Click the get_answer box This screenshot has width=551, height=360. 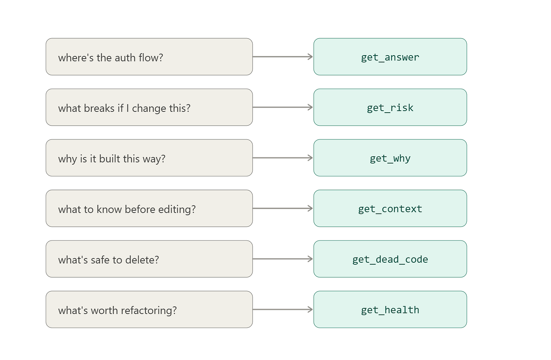pyautogui.click(x=390, y=57)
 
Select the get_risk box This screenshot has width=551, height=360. pyautogui.click(x=390, y=107)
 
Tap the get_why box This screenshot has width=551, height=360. pyautogui.click(x=390, y=158)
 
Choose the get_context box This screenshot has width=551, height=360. pyautogui.click(x=390, y=208)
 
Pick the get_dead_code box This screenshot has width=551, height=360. pyautogui.click(x=390, y=259)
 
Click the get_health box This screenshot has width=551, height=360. pyautogui.click(x=390, y=310)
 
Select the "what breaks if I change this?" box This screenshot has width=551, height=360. pyautogui.click(x=149, y=107)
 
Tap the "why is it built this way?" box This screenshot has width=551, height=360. pyautogui.click(x=149, y=158)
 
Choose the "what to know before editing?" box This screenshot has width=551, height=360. pyautogui.click(x=149, y=208)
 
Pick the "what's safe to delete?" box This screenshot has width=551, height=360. pyautogui.click(x=149, y=259)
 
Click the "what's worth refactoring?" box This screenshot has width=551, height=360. pyautogui.click(x=149, y=310)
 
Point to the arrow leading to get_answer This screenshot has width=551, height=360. pyautogui.click(x=283, y=57)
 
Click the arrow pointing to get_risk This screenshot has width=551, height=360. pyautogui.click(x=283, y=107)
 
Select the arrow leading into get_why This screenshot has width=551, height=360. pyautogui.click(x=283, y=158)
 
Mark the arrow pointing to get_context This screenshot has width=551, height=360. pyautogui.click(x=283, y=208)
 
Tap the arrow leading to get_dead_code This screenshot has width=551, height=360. pyautogui.click(x=283, y=259)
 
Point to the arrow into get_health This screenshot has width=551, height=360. pyautogui.click(x=283, y=310)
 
